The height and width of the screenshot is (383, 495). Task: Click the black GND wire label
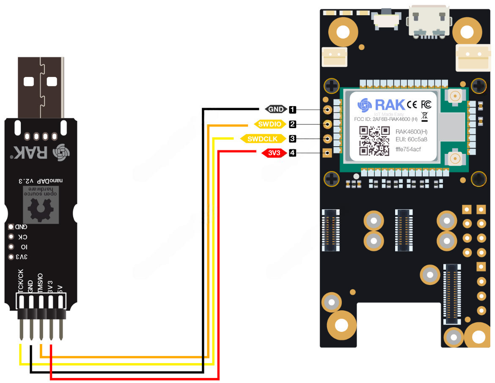point(276,109)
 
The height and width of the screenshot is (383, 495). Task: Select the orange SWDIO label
point(269,124)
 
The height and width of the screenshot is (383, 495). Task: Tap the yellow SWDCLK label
point(262,139)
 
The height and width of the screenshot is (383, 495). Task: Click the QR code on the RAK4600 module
point(374,141)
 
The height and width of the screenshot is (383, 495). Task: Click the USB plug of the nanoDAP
point(41,87)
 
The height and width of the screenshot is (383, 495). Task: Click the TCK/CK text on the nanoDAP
point(20,280)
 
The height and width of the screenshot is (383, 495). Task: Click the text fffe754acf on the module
point(408,150)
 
